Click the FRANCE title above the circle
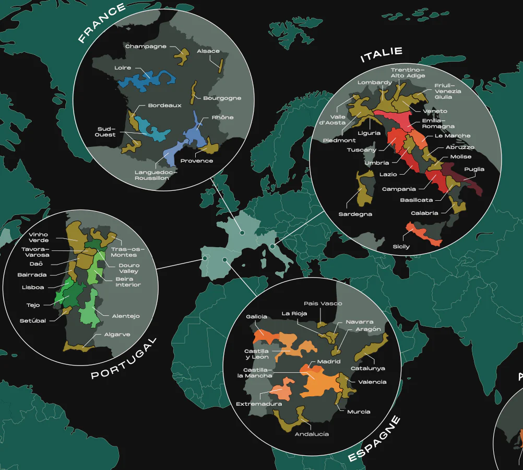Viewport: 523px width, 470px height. pyautogui.click(x=102, y=24)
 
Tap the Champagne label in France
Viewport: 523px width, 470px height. pyautogui.click(x=146, y=47)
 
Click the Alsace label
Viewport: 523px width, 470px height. pyautogui.click(x=208, y=51)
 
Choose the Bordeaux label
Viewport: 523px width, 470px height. pyautogui.click(x=164, y=105)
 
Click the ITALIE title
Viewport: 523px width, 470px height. pyautogui.click(x=382, y=54)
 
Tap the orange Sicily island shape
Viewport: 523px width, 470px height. pyautogui.click(x=424, y=234)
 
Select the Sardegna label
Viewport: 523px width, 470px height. pyautogui.click(x=355, y=214)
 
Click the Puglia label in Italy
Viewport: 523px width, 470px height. pyautogui.click(x=474, y=169)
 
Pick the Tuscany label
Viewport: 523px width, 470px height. pyautogui.click(x=362, y=150)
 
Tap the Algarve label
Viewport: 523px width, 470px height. pyautogui.click(x=117, y=334)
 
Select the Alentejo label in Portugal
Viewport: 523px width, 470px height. pyautogui.click(x=126, y=316)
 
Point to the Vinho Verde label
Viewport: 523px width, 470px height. pyautogui.click(x=39, y=237)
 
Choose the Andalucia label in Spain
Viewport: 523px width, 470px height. pyautogui.click(x=312, y=434)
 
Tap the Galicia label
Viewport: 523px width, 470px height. pyautogui.click(x=256, y=316)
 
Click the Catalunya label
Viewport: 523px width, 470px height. pyautogui.click(x=367, y=368)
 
